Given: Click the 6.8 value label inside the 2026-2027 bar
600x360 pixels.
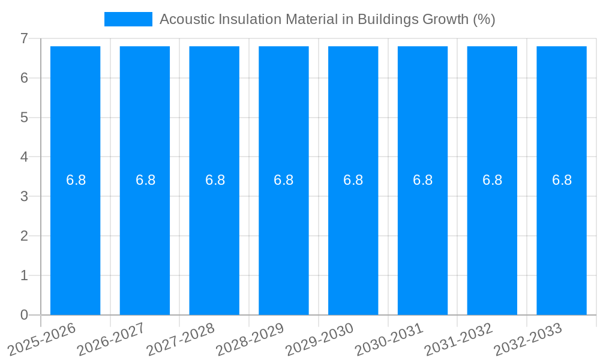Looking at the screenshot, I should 145,180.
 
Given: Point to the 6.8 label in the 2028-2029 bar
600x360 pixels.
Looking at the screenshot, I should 283,180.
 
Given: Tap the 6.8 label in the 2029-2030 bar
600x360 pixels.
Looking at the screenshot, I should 353,180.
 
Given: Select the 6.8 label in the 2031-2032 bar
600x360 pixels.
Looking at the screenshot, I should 492,180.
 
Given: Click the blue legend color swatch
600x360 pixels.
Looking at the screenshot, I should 128,19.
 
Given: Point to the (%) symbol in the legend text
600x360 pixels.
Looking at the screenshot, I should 484,19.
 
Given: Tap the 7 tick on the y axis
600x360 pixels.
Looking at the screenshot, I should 24,38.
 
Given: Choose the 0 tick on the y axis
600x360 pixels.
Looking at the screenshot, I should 24,315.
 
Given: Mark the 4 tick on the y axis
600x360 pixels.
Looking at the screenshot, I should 24,157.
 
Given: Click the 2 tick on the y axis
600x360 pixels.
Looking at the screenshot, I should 24,236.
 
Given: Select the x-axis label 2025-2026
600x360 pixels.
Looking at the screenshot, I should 42,340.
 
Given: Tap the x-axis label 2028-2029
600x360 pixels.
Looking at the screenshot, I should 250,340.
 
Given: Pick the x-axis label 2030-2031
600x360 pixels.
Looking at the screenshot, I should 389,340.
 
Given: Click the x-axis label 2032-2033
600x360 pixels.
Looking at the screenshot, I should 528,340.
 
